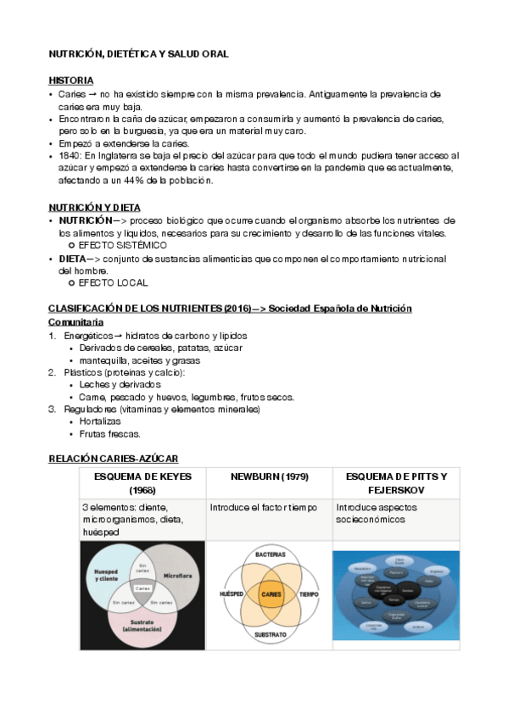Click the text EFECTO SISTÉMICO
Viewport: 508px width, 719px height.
click(122, 245)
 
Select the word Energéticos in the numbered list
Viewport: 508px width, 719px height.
click(87, 336)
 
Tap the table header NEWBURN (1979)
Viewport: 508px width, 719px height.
click(270, 477)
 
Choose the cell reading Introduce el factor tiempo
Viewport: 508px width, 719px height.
click(263, 507)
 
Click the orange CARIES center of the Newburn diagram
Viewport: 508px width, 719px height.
click(271, 595)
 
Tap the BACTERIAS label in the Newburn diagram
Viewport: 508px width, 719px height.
click(271, 554)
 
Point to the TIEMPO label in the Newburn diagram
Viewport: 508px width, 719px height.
click(309, 595)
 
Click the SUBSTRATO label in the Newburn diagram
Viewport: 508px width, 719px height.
click(271, 633)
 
